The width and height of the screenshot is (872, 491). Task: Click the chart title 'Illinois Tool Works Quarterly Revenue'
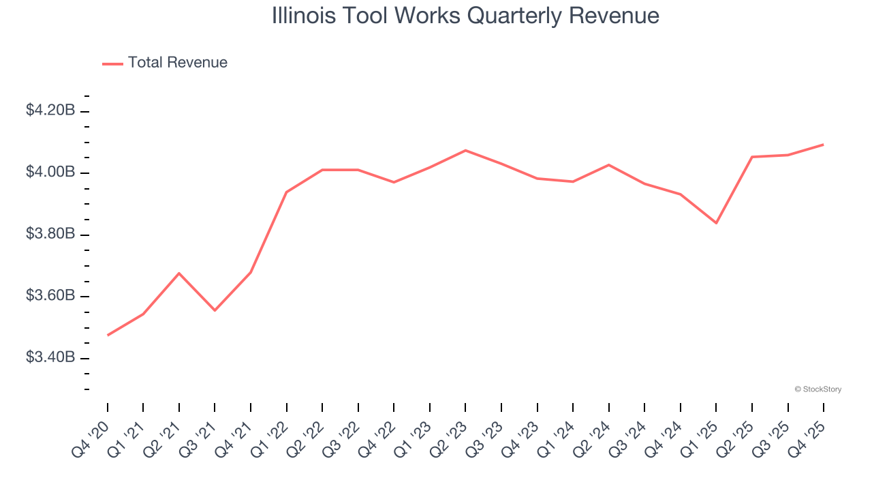click(x=465, y=16)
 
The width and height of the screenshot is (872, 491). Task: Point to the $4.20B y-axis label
click(x=50, y=110)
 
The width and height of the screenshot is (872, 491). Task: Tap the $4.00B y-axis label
click(x=50, y=172)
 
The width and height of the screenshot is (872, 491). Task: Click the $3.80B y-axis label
click(x=50, y=234)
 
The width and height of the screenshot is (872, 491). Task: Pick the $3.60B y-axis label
click(x=50, y=296)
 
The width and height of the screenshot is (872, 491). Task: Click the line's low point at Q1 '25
click(x=716, y=223)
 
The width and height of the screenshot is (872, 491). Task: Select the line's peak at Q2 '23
click(x=465, y=150)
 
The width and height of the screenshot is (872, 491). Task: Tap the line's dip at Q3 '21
click(x=215, y=310)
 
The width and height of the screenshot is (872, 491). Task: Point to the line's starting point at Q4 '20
click(x=108, y=336)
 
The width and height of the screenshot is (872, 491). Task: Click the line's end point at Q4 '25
click(x=824, y=145)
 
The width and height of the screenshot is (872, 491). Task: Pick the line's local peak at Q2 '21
click(x=179, y=273)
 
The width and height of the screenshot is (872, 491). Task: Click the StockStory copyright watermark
click(x=817, y=389)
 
